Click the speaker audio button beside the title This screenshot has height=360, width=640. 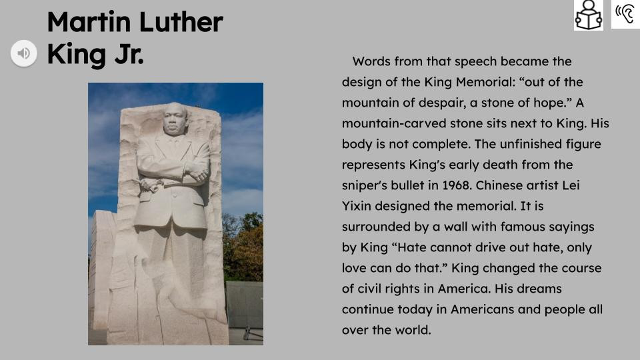coord(23,53)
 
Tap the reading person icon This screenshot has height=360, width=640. coord(588,15)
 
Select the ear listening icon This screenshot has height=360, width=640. coord(625,14)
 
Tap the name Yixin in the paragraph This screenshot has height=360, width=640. coord(363,206)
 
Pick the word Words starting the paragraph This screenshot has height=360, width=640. coord(371,61)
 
